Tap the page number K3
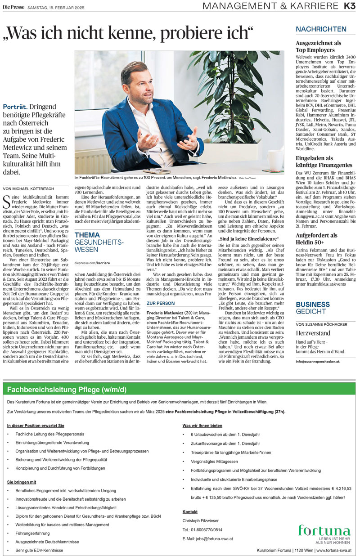350,6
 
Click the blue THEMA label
87,235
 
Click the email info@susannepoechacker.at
318,361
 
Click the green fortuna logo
324,531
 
